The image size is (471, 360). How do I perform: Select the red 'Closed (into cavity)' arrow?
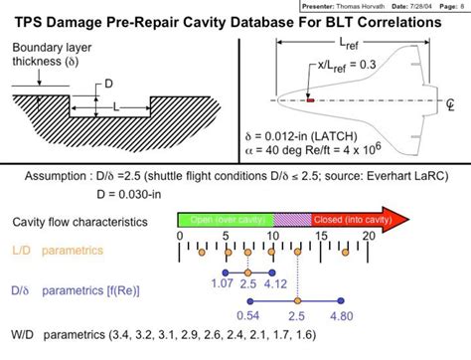pos(347,219)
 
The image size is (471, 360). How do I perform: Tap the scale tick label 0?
pos(180,236)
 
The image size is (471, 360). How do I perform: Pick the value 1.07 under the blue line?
pos(223,284)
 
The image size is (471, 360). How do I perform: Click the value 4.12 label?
pos(275,284)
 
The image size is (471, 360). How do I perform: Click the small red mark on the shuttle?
pos(310,99)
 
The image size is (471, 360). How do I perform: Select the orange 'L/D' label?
pos(23,252)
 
